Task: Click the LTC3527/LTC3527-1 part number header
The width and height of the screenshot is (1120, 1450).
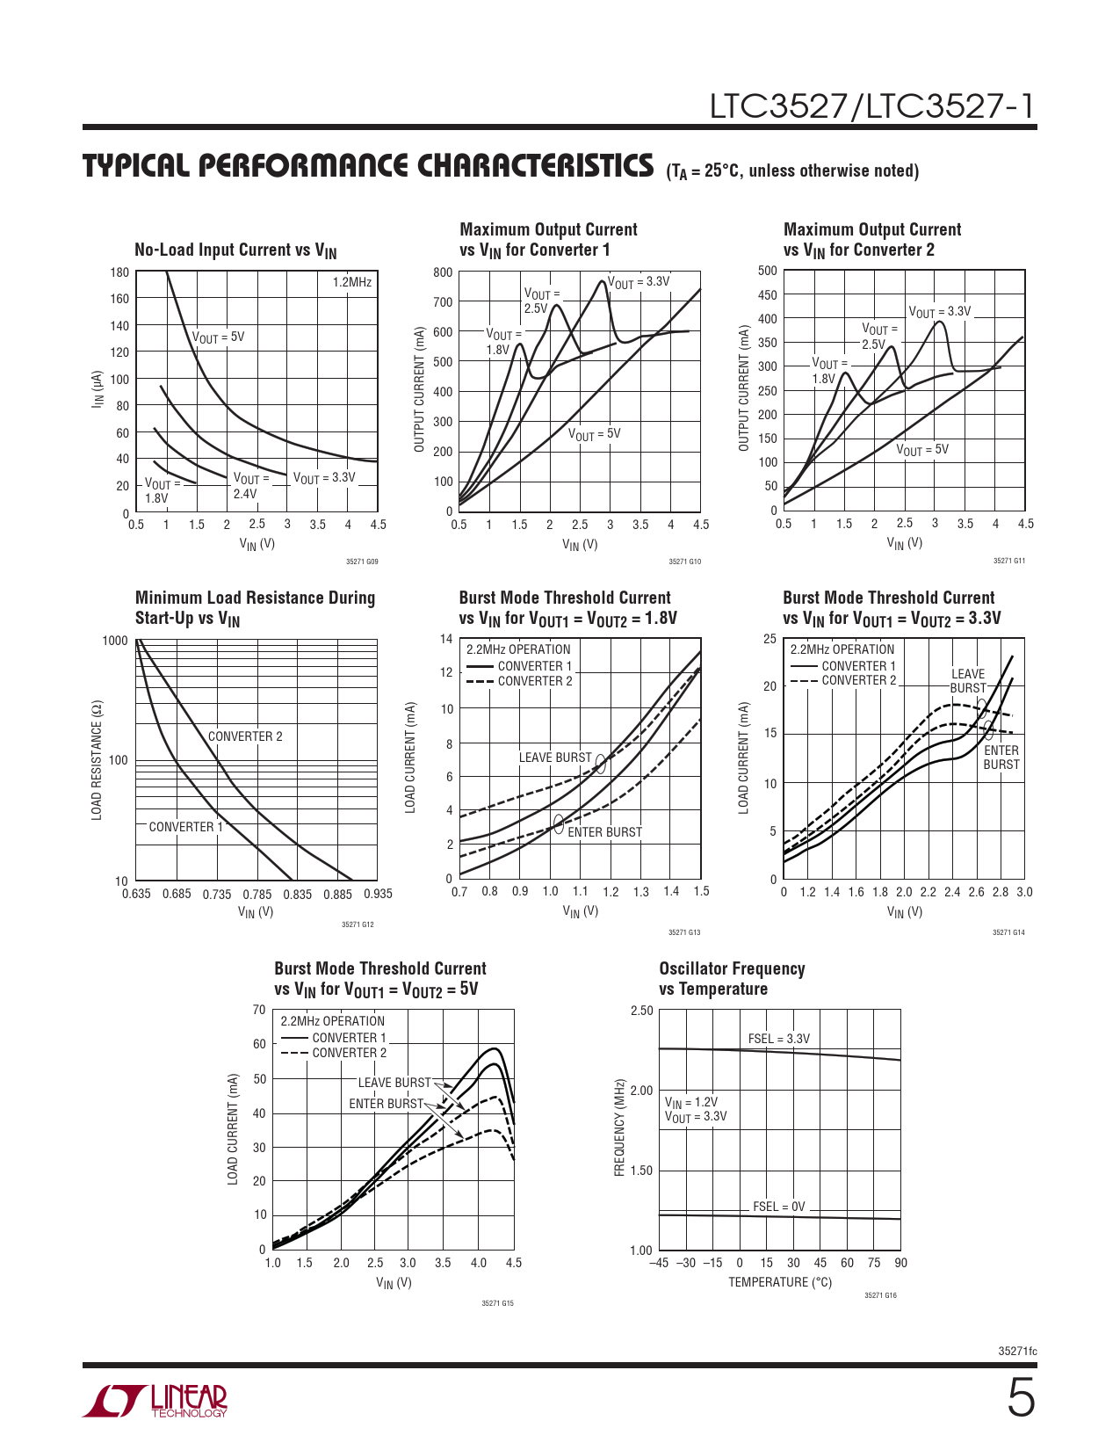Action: (x=872, y=106)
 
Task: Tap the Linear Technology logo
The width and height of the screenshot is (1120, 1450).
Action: (x=155, y=1401)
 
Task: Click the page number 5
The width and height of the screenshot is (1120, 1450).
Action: (x=1020, y=1399)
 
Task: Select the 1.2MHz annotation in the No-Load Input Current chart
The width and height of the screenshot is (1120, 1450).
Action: (x=352, y=282)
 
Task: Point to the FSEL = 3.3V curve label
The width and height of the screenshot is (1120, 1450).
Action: (x=778, y=1039)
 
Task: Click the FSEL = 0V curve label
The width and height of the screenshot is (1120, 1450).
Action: (x=778, y=1207)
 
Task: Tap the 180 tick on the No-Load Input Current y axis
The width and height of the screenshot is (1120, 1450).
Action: (x=119, y=272)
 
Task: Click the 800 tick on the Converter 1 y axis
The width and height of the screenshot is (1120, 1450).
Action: (x=443, y=272)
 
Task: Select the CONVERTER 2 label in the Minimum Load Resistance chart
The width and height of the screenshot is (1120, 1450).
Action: (x=245, y=736)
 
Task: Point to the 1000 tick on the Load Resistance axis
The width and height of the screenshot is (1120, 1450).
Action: (x=115, y=641)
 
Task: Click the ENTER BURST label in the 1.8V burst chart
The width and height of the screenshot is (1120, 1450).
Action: (x=604, y=832)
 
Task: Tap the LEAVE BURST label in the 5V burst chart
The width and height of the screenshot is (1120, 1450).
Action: (x=394, y=1083)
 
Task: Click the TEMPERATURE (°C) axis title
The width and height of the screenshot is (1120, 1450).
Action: (x=779, y=1282)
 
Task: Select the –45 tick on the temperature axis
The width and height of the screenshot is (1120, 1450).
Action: (x=659, y=1263)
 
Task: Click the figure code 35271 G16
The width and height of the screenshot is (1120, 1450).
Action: (x=880, y=1295)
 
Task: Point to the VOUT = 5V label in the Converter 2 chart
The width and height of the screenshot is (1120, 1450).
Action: (x=922, y=450)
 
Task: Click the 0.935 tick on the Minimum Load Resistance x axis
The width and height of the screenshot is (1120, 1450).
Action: (x=378, y=894)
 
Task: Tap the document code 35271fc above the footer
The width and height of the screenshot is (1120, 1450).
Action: (x=1017, y=1351)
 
